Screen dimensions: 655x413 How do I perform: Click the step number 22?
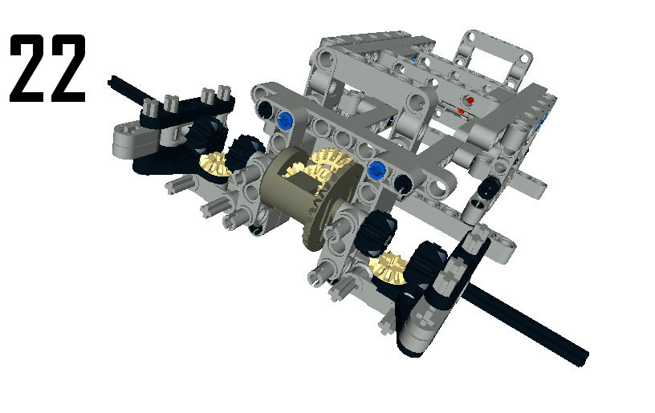coord(47,68)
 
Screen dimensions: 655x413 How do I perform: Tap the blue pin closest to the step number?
coord(285,120)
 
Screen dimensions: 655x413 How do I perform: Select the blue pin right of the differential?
coord(376,170)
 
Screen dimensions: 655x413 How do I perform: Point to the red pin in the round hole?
coord(470,100)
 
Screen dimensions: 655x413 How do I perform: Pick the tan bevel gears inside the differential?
coord(322,167)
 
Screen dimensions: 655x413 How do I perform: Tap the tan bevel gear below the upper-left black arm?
coord(214,165)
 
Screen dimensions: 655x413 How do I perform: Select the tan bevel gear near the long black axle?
coord(389,267)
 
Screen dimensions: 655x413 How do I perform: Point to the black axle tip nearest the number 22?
coord(111,81)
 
